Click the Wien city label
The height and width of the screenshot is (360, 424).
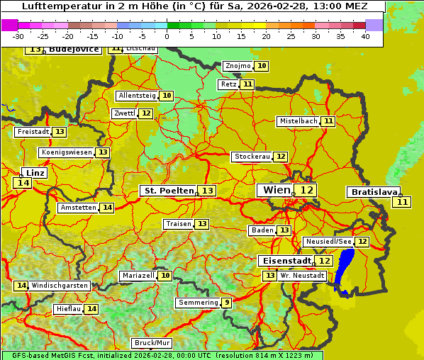(275, 190)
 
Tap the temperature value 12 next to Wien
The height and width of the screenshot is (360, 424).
(306, 190)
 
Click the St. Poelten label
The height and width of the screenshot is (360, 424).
(168, 191)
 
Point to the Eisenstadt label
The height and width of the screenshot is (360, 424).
(284, 261)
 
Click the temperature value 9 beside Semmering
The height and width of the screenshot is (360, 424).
(226, 303)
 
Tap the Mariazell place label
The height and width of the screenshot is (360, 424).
(138, 275)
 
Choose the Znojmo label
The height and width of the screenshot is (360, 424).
(238, 66)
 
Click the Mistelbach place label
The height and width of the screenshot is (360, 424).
(298, 121)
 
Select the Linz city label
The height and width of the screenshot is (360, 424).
(35, 173)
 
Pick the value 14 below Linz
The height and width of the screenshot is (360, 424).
(22, 183)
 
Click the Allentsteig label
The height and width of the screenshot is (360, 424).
(137, 96)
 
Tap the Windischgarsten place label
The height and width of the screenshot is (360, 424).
(60, 286)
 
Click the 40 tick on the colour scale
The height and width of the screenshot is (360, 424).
(364, 36)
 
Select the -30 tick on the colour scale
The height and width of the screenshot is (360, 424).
(18, 36)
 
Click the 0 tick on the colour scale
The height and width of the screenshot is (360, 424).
(167, 36)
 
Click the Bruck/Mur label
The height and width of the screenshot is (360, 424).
(151, 343)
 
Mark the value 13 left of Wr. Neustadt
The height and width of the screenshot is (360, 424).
(269, 276)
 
